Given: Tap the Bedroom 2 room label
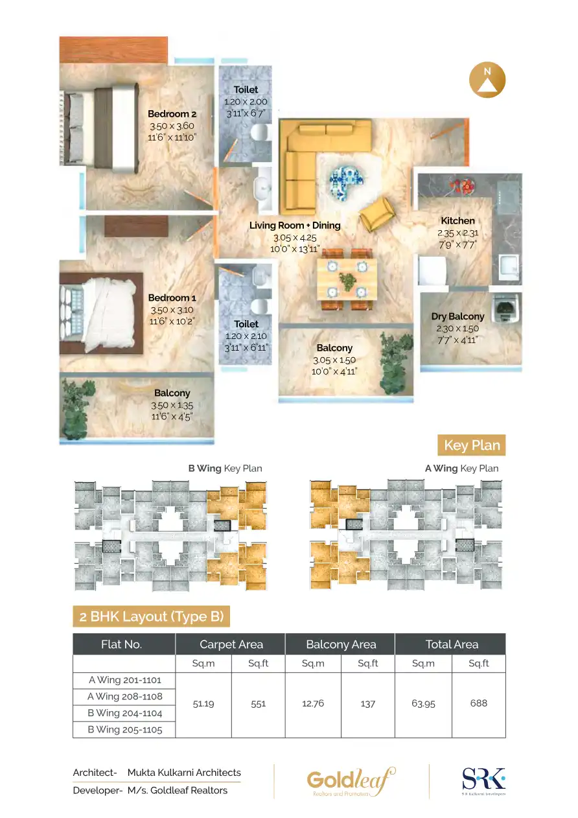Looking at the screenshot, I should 172,114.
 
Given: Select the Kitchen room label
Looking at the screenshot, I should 457,220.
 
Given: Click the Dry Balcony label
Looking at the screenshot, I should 457,316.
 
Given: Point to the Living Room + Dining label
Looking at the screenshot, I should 295,226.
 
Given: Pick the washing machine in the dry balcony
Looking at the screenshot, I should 507,309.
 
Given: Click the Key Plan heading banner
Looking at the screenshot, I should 471,445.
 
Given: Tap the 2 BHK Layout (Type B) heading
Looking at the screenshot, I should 151,616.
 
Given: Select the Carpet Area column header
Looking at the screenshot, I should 231,644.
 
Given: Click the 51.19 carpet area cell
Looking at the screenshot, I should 203,704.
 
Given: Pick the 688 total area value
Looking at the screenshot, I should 478,703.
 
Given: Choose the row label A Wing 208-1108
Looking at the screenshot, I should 124,697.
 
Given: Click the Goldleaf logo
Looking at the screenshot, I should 351,781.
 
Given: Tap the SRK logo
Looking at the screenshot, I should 483,780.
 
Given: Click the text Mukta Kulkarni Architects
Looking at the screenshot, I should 184,773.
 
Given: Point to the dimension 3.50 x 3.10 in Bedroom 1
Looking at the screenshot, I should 172,310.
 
